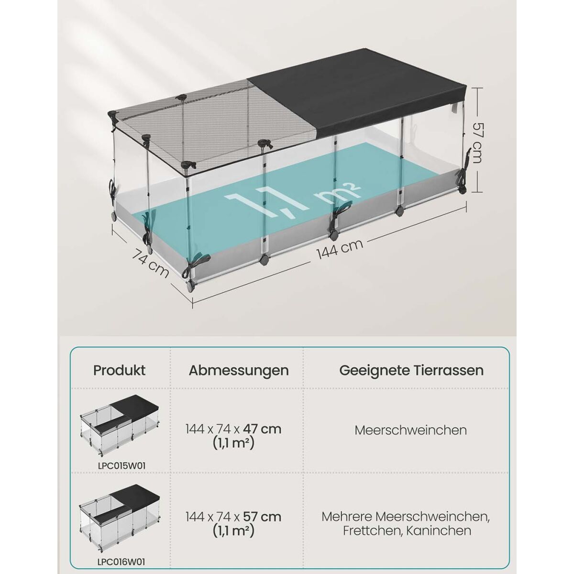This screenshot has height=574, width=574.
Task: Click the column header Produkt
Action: pyautogui.click(x=119, y=370)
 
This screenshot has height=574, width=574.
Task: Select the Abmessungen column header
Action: pyautogui.click(x=239, y=371)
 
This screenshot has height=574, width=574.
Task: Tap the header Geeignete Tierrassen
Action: pyautogui.click(x=411, y=371)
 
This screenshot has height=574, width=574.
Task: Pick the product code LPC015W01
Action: pyautogui.click(x=121, y=466)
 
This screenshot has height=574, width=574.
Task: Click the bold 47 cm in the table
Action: pyautogui.click(x=262, y=429)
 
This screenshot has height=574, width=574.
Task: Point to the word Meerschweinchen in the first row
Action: pyautogui.click(x=410, y=430)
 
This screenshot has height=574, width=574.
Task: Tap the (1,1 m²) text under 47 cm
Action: pyautogui.click(x=233, y=443)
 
